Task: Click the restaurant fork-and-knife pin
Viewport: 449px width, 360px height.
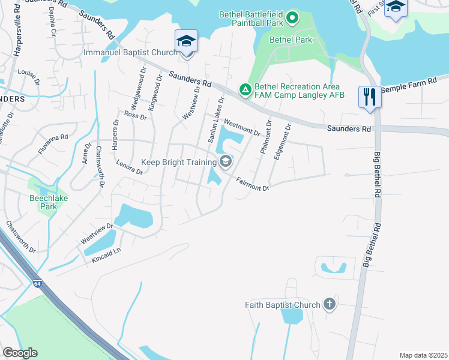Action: click(x=369, y=97)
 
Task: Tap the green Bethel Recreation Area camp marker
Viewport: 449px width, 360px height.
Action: click(x=245, y=89)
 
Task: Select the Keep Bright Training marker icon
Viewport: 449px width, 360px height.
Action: click(x=226, y=161)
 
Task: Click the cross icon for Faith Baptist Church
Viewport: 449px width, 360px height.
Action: click(x=329, y=304)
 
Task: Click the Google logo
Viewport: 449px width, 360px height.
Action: click(x=20, y=353)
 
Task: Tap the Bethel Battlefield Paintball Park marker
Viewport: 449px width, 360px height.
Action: click(x=292, y=17)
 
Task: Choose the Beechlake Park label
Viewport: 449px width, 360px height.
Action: click(x=43, y=202)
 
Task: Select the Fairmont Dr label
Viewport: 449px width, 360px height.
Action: click(x=252, y=184)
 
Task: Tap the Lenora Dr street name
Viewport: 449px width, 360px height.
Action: click(x=128, y=167)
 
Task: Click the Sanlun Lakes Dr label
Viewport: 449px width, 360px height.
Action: click(x=216, y=119)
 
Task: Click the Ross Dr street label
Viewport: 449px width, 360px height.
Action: click(x=135, y=115)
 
